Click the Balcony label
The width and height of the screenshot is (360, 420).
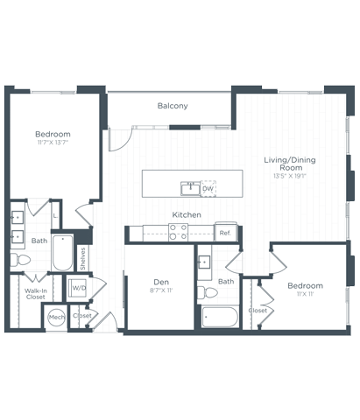(173, 106)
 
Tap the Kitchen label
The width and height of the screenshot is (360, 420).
(187, 214)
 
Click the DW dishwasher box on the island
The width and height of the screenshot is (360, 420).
(208, 188)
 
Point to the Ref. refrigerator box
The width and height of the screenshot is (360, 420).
(225, 233)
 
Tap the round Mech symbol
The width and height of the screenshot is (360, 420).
(57, 318)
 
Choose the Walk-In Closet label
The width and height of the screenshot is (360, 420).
(36, 294)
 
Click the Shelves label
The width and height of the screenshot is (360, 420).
(82, 258)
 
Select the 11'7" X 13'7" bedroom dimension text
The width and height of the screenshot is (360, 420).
(53, 143)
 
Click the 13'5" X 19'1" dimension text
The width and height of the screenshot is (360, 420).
(290, 176)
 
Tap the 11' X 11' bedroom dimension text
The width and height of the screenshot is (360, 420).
(305, 295)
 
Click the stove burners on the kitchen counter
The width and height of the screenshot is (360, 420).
(178, 232)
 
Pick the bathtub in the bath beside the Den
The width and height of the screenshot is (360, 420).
(219, 316)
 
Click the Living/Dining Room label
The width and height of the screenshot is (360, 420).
(290, 164)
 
